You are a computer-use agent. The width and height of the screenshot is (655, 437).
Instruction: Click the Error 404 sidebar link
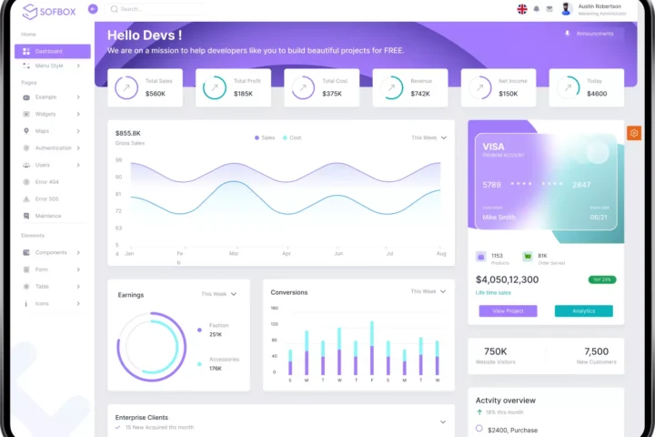point(46,182)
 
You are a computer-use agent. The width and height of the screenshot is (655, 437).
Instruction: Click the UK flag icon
point(522,9)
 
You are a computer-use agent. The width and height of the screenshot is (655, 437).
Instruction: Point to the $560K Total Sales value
point(156,94)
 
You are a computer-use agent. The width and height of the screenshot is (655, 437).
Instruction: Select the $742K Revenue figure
point(420,94)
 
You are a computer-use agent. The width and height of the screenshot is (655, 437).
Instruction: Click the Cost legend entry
point(291,137)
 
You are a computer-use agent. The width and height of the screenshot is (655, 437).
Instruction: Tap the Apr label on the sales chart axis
point(287,253)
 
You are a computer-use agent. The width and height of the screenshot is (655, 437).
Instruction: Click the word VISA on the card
point(493,147)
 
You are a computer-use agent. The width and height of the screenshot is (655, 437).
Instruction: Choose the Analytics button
point(583,310)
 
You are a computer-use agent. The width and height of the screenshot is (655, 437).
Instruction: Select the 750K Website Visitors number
point(496,351)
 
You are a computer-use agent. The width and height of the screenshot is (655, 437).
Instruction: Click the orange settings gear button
point(634,133)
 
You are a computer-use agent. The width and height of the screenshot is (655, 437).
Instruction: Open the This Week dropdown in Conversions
point(428,291)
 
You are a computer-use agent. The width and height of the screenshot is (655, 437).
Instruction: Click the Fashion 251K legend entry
point(217,330)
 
